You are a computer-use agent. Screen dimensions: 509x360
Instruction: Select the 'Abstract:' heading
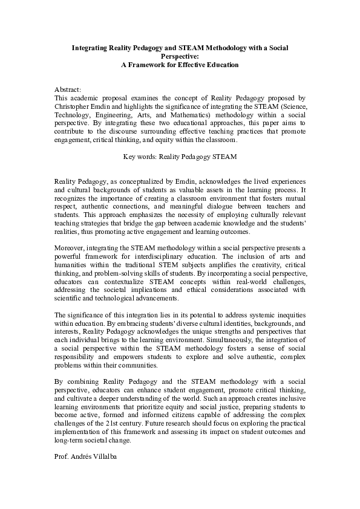68,88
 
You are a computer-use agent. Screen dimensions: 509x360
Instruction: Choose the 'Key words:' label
139,155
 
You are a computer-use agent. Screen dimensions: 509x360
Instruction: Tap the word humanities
74,265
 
